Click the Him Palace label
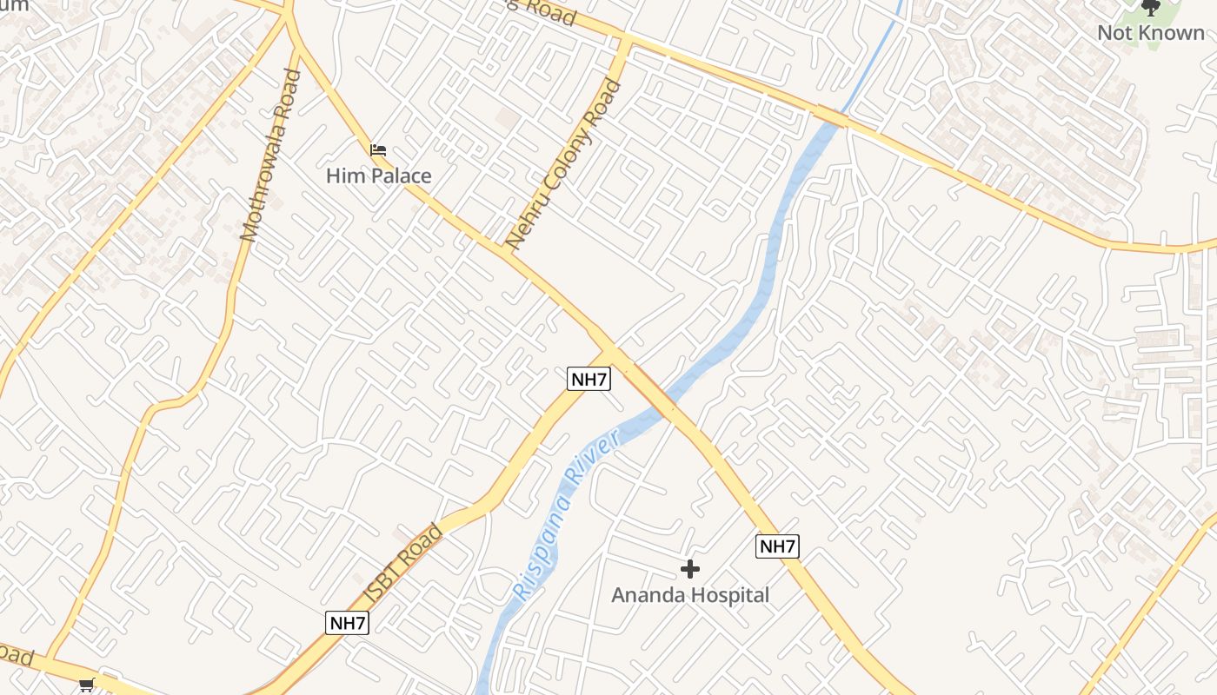tap(378, 176)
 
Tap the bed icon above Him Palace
tap(377, 150)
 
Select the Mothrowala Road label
tap(270, 155)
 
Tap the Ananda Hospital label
tap(690, 595)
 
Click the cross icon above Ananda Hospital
tap(690, 569)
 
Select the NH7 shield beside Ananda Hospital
tap(777, 546)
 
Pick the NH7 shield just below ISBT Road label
tap(348, 622)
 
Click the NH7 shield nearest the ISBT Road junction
tap(589, 379)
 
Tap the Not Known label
tap(1151, 33)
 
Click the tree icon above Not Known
tap(1151, 8)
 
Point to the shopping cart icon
tap(86, 685)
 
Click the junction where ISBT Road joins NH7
tap(612, 352)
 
